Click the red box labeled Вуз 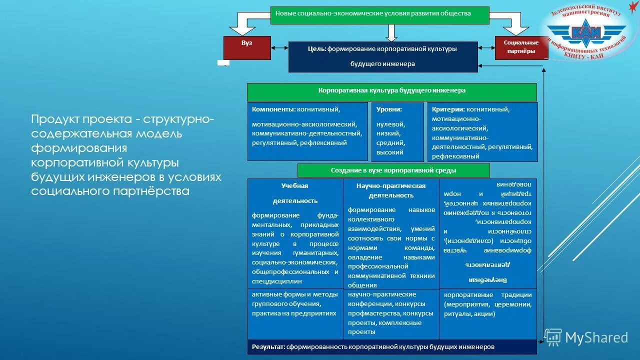coord(247,47)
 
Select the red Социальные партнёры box coord(521,47)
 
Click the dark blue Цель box coord(383,56)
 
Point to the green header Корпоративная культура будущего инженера coord(391,91)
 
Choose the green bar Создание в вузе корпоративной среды coord(393,170)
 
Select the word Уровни coord(390,109)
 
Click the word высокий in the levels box coord(390,152)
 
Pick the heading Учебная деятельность coord(295,193)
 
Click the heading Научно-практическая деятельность coord(391,190)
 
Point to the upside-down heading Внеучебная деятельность coord(488,271)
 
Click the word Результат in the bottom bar coord(268,346)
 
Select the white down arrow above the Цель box coord(391,32)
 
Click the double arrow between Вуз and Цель coord(279,48)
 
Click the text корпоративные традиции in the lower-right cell coord(475,295)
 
